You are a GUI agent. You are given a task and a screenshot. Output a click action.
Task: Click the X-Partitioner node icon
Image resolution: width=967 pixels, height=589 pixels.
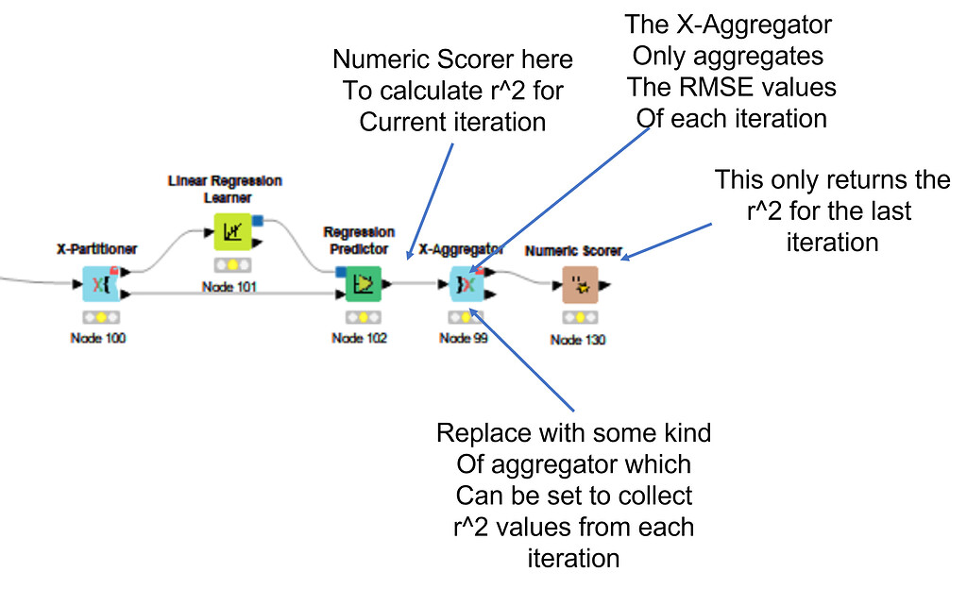tap(98, 283)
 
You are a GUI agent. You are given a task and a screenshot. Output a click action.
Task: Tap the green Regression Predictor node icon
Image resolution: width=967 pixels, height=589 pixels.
tap(364, 283)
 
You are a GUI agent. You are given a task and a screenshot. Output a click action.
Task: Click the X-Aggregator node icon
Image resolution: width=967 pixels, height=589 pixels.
tap(466, 283)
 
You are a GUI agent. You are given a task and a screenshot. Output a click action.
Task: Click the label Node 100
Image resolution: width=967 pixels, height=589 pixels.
tap(98, 339)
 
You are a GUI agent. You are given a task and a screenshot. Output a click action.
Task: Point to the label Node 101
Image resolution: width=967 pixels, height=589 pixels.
tap(229, 286)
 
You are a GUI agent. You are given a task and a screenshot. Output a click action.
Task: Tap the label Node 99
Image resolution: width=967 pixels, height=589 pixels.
tap(464, 339)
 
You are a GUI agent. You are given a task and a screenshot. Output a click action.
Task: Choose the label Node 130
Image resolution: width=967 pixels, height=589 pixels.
tap(578, 340)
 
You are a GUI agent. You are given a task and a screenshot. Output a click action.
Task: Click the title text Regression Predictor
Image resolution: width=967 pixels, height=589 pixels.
tap(359, 241)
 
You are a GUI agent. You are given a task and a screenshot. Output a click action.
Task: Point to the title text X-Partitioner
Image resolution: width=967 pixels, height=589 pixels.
tap(96, 249)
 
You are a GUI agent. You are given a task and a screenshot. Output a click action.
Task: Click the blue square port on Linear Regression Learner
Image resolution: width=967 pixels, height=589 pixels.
tap(256, 220)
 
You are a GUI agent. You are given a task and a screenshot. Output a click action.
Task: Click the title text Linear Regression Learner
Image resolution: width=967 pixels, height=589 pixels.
tap(225, 189)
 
